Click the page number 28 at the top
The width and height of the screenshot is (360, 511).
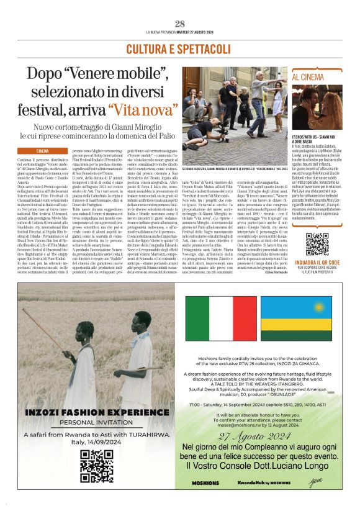(180, 24)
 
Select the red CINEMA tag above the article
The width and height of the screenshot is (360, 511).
(43, 151)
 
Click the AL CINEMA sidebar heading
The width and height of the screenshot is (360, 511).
(308, 77)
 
